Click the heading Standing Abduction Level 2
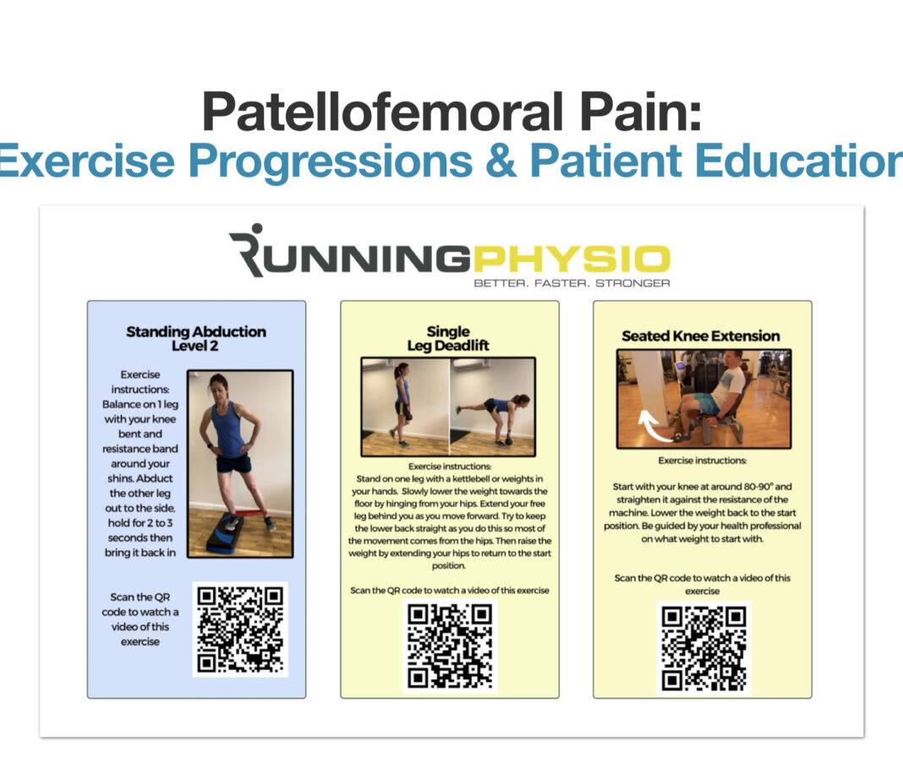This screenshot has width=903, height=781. pos(196,339)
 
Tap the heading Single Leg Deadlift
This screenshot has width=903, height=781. pos(448,338)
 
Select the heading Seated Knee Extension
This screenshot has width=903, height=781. pos(701,336)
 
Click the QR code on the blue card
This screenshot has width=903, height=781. pos(240,629)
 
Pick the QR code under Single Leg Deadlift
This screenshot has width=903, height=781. pos(450,645)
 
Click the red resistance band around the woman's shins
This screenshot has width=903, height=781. pos(241,515)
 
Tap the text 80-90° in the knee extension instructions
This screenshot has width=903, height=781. pos(739,487)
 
